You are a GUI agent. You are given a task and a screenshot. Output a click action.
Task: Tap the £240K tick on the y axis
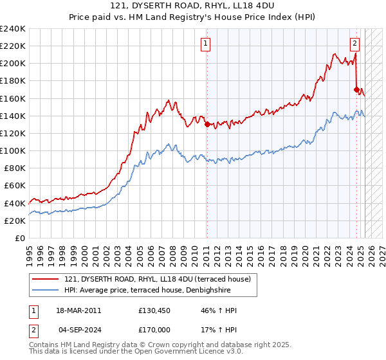[x=13, y=29]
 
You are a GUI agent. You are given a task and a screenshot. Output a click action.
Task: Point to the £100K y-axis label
[x=13, y=150]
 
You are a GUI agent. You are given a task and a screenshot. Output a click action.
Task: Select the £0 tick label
[x=20, y=238]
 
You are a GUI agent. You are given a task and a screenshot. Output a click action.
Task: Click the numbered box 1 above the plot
[x=205, y=44]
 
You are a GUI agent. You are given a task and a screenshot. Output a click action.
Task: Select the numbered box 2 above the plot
[x=354, y=44]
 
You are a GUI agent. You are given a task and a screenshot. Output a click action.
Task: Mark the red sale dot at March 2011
[x=207, y=125]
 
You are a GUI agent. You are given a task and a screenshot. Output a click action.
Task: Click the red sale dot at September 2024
[x=356, y=89]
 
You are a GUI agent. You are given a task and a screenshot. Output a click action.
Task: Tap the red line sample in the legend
[x=46, y=278]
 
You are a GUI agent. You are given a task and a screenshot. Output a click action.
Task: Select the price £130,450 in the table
[x=152, y=310]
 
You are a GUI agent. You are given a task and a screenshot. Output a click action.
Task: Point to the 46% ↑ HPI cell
[x=215, y=310]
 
